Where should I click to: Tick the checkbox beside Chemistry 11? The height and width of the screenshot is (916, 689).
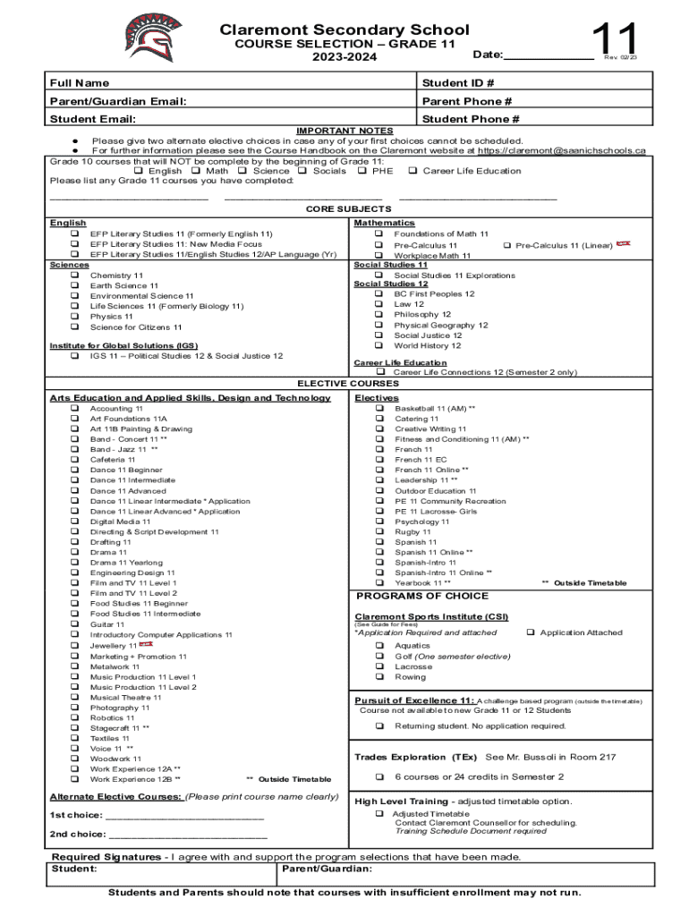click(x=74, y=276)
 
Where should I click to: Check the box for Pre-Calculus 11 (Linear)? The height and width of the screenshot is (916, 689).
click(x=506, y=245)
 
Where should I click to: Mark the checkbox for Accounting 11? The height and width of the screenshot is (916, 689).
click(x=74, y=408)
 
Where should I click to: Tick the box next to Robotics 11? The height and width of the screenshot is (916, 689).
click(x=74, y=718)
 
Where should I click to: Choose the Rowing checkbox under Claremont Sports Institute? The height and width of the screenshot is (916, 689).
click(x=379, y=677)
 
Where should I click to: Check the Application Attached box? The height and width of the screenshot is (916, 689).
click(x=531, y=632)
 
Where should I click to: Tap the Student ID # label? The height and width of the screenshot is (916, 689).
click(x=457, y=83)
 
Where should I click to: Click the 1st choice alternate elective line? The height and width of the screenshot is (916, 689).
click(x=183, y=816)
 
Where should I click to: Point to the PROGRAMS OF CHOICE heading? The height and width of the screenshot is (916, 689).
click(x=422, y=596)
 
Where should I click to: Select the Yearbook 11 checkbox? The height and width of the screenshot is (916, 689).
click(x=379, y=583)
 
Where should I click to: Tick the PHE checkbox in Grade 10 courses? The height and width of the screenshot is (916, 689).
click(x=362, y=171)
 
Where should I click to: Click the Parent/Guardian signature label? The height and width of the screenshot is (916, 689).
click(x=327, y=869)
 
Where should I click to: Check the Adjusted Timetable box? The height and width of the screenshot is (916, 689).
click(x=379, y=814)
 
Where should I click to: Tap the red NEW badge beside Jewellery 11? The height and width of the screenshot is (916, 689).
click(x=146, y=644)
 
